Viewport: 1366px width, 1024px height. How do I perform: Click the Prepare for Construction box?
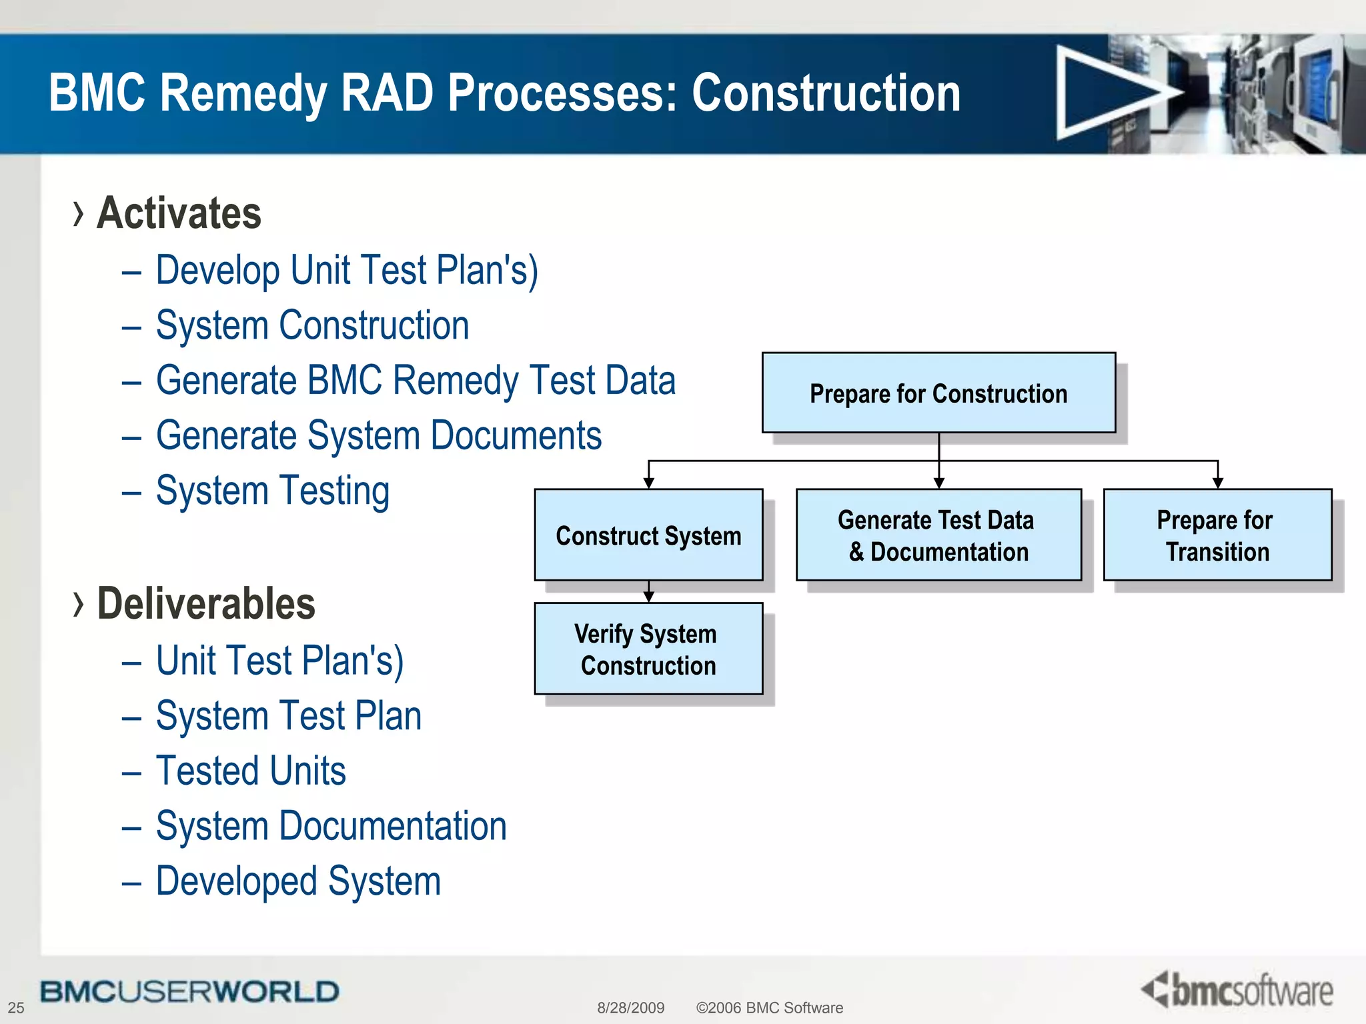click(x=938, y=393)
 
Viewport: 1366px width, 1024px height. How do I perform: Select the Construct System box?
click(x=648, y=535)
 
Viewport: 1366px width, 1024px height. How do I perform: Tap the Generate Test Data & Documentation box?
click(x=938, y=535)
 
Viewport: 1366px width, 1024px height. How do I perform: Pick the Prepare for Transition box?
click(x=1217, y=535)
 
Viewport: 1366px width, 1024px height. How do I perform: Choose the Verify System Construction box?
click(x=648, y=649)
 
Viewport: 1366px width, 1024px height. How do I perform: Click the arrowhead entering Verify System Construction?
click(x=648, y=597)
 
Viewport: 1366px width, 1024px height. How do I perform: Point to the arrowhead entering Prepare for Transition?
click(x=1218, y=483)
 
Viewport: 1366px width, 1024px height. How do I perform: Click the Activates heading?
click(x=179, y=213)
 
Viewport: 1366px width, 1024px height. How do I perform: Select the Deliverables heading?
click(x=205, y=604)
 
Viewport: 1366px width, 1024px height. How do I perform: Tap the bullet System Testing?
click(x=272, y=491)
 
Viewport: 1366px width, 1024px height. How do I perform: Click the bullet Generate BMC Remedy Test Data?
click(x=415, y=381)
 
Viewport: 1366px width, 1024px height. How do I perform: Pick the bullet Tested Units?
click(x=251, y=771)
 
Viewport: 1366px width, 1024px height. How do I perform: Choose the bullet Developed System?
click(x=298, y=881)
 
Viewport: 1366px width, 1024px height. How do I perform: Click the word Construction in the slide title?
click(x=826, y=93)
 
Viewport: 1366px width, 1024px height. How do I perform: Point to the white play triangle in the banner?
click(x=1107, y=93)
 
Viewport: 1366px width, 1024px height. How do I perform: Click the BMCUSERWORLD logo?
click(x=189, y=991)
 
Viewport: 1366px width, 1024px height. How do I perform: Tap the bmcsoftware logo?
click(x=1238, y=990)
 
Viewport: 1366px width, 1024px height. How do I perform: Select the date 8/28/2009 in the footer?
click(x=630, y=1007)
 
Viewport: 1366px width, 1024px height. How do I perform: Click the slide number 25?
click(x=16, y=1007)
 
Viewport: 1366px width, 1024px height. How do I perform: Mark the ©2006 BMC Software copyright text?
click(x=769, y=1007)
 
